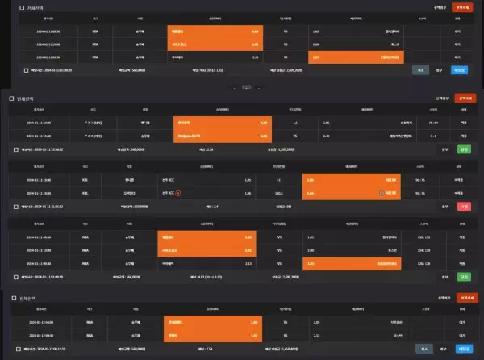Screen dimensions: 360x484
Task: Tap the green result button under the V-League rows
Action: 463,149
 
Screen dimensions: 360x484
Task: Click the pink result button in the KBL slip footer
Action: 463,207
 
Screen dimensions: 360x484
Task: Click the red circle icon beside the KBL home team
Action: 178,194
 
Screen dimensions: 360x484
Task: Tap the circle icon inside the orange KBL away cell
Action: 382,194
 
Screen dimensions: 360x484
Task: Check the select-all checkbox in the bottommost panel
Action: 13,298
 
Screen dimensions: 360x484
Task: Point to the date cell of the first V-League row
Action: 39,123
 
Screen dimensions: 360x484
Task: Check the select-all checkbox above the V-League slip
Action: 11,98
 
